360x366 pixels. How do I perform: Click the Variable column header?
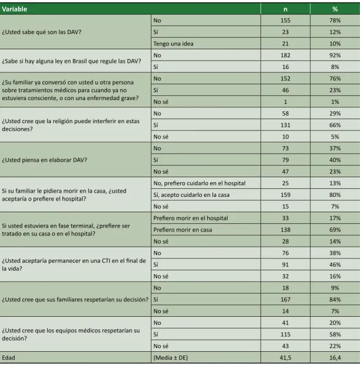14,9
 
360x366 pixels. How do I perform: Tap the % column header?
335,9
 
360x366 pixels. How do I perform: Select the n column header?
285,9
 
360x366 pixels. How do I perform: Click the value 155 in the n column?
285,21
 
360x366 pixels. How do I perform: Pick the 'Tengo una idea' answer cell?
173,44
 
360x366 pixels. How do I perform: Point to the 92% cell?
335,55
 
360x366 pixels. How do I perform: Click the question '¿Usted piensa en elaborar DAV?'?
44,160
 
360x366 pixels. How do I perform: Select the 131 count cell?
285,125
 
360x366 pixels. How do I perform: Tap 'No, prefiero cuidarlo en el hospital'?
199,183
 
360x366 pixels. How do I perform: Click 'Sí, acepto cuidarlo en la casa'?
191,195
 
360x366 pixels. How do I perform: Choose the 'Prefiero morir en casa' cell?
183,230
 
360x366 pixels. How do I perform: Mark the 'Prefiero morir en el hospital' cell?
190,218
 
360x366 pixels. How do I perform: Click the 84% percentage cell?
335,299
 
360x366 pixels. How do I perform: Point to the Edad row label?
8,358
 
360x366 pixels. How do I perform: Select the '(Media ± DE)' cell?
171,358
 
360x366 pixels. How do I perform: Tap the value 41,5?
285,358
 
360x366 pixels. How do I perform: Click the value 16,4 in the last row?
335,358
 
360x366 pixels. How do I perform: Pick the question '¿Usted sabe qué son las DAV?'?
42,32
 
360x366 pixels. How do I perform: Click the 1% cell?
335,102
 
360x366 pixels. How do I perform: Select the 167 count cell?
285,299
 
